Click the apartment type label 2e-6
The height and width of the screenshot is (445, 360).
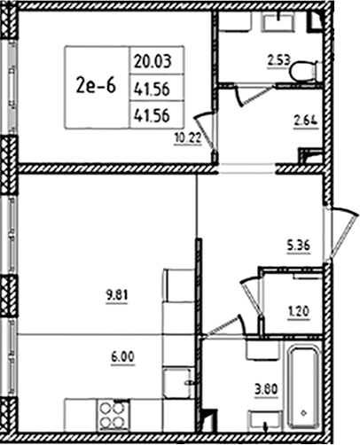(x=95, y=85)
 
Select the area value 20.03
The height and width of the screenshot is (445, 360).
(x=153, y=61)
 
